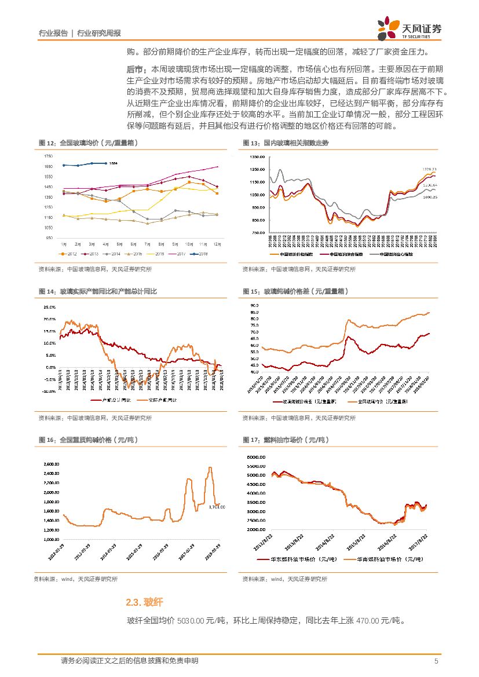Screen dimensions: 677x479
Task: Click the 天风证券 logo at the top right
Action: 409,27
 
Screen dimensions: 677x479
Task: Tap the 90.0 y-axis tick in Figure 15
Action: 254,305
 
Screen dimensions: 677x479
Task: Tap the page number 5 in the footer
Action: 436,661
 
